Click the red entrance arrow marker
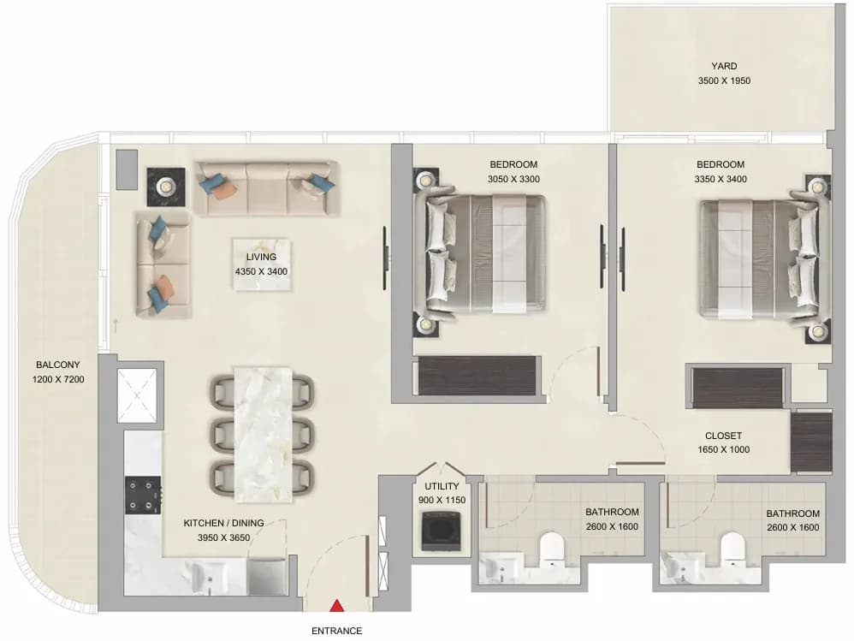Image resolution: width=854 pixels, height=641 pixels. (337, 605)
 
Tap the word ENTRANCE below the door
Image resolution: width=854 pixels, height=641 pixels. (336, 631)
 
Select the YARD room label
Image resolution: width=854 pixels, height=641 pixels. (724, 66)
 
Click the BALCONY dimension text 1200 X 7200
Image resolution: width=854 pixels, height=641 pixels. (58, 379)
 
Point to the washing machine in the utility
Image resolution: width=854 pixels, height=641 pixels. (442, 531)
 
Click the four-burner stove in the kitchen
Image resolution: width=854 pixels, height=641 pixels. (143, 495)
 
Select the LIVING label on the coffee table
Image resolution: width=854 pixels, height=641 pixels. (261, 257)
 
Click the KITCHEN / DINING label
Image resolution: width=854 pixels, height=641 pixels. (223, 523)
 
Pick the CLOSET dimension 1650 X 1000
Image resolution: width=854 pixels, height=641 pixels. (723, 449)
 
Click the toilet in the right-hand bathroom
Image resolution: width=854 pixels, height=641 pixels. (732, 548)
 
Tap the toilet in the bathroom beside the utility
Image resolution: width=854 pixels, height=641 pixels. (551, 548)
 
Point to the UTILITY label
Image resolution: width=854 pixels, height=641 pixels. (442, 486)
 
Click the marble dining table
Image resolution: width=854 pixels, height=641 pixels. (263, 434)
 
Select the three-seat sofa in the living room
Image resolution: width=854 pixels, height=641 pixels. (267, 188)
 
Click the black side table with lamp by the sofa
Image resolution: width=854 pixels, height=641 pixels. (166, 187)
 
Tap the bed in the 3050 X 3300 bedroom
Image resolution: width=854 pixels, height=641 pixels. (480, 254)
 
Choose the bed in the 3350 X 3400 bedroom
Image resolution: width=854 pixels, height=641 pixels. (765, 259)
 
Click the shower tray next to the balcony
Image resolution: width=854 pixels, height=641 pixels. (137, 395)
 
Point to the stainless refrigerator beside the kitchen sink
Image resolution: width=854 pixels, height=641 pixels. (268, 576)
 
